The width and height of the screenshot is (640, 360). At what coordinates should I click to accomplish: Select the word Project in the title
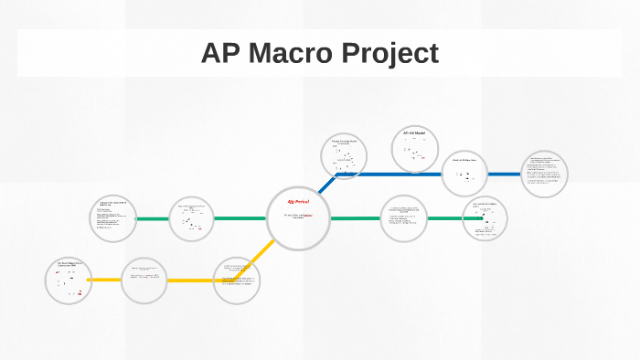(389, 53)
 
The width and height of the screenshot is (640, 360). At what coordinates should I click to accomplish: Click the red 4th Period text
(298, 201)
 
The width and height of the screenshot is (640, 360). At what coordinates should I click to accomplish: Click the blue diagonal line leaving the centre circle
(326, 185)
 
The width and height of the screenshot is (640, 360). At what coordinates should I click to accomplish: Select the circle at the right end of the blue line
(545, 173)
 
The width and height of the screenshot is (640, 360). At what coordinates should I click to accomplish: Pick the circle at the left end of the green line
(113, 219)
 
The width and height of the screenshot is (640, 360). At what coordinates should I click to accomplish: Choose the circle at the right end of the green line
(485, 219)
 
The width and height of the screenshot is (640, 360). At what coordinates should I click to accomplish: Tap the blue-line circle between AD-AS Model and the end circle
(464, 174)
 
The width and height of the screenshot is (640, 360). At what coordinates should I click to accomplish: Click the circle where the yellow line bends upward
(237, 280)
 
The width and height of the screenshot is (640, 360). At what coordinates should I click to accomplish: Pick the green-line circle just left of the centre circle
(191, 219)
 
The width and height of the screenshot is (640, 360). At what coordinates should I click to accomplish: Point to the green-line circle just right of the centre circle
(403, 219)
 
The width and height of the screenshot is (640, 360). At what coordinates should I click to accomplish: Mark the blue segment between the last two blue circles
(505, 174)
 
